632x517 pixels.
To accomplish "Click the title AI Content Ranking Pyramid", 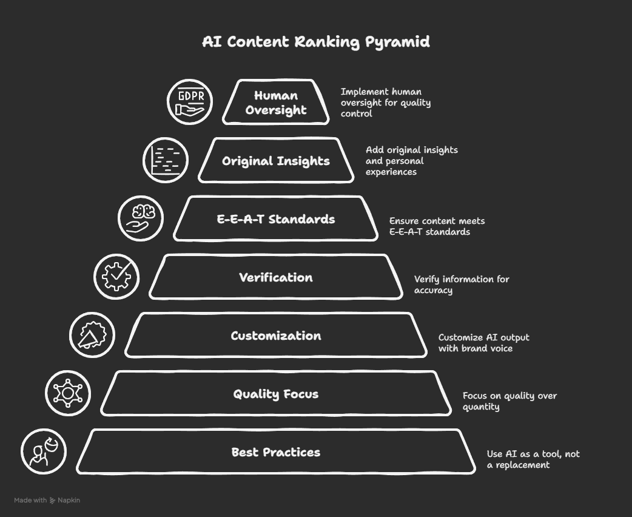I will click(315, 42).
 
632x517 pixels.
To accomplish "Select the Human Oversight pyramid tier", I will click(276, 103).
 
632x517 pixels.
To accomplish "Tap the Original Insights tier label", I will click(276, 161).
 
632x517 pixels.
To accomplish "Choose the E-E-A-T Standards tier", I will click(276, 219).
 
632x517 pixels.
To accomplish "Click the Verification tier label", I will click(276, 277).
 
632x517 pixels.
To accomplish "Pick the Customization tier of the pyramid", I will click(276, 336).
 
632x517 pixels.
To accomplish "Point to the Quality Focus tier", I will click(276, 394).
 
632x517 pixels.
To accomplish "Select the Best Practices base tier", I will click(276, 452).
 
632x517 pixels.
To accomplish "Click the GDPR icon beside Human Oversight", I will click(190, 102).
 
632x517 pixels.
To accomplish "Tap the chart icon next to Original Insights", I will click(166, 160).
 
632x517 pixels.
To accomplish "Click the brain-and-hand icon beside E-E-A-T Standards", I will click(141, 218).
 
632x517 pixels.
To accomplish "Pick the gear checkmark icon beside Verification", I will click(116, 277).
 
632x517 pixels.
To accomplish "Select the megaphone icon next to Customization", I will click(92, 335).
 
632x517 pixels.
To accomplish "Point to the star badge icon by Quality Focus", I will click(68, 393).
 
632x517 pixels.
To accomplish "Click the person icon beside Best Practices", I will click(44, 451).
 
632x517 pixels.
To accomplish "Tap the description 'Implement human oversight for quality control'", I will click(385, 103).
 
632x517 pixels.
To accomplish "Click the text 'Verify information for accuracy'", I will click(461, 285).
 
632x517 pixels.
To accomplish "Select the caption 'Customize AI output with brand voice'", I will click(483, 343).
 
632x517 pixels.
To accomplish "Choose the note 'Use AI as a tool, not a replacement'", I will click(533, 459).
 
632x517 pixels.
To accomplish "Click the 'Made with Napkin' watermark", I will click(47, 501).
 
